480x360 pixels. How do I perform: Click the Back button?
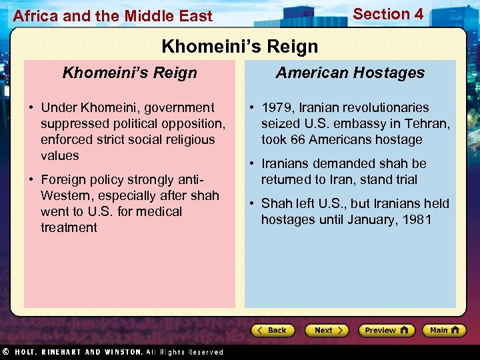click(x=273, y=331)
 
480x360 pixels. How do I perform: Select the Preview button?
click(x=386, y=331)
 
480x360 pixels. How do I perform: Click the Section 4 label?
click(x=387, y=14)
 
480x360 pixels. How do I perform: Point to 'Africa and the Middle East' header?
click(x=113, y=16)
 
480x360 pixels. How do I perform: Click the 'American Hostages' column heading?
click(x=350, y=73)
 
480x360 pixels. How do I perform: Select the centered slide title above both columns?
click(x=240, y=47)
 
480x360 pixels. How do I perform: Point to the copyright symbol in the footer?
click(x=5, y=351)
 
